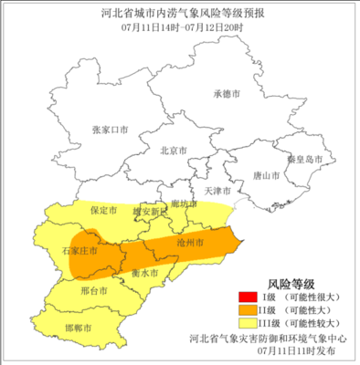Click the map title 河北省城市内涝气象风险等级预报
179,12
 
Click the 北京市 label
173,151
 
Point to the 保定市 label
104,210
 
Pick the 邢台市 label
93,291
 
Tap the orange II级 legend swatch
245,310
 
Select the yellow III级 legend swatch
245,323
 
